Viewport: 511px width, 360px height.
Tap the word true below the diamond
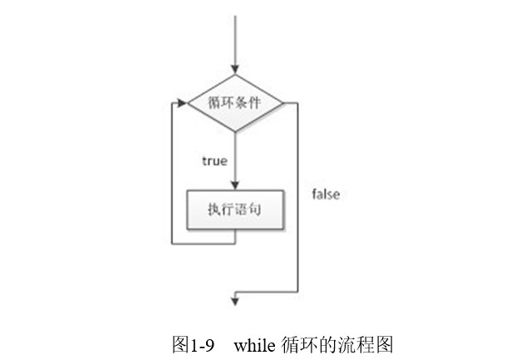214,160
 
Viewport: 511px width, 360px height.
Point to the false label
326,195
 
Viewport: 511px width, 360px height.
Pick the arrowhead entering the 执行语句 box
237,186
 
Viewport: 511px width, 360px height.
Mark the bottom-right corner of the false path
297,291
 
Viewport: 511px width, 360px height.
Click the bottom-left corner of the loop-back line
172,244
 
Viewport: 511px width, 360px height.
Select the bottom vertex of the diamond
237,132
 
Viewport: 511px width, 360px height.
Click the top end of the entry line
237,15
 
